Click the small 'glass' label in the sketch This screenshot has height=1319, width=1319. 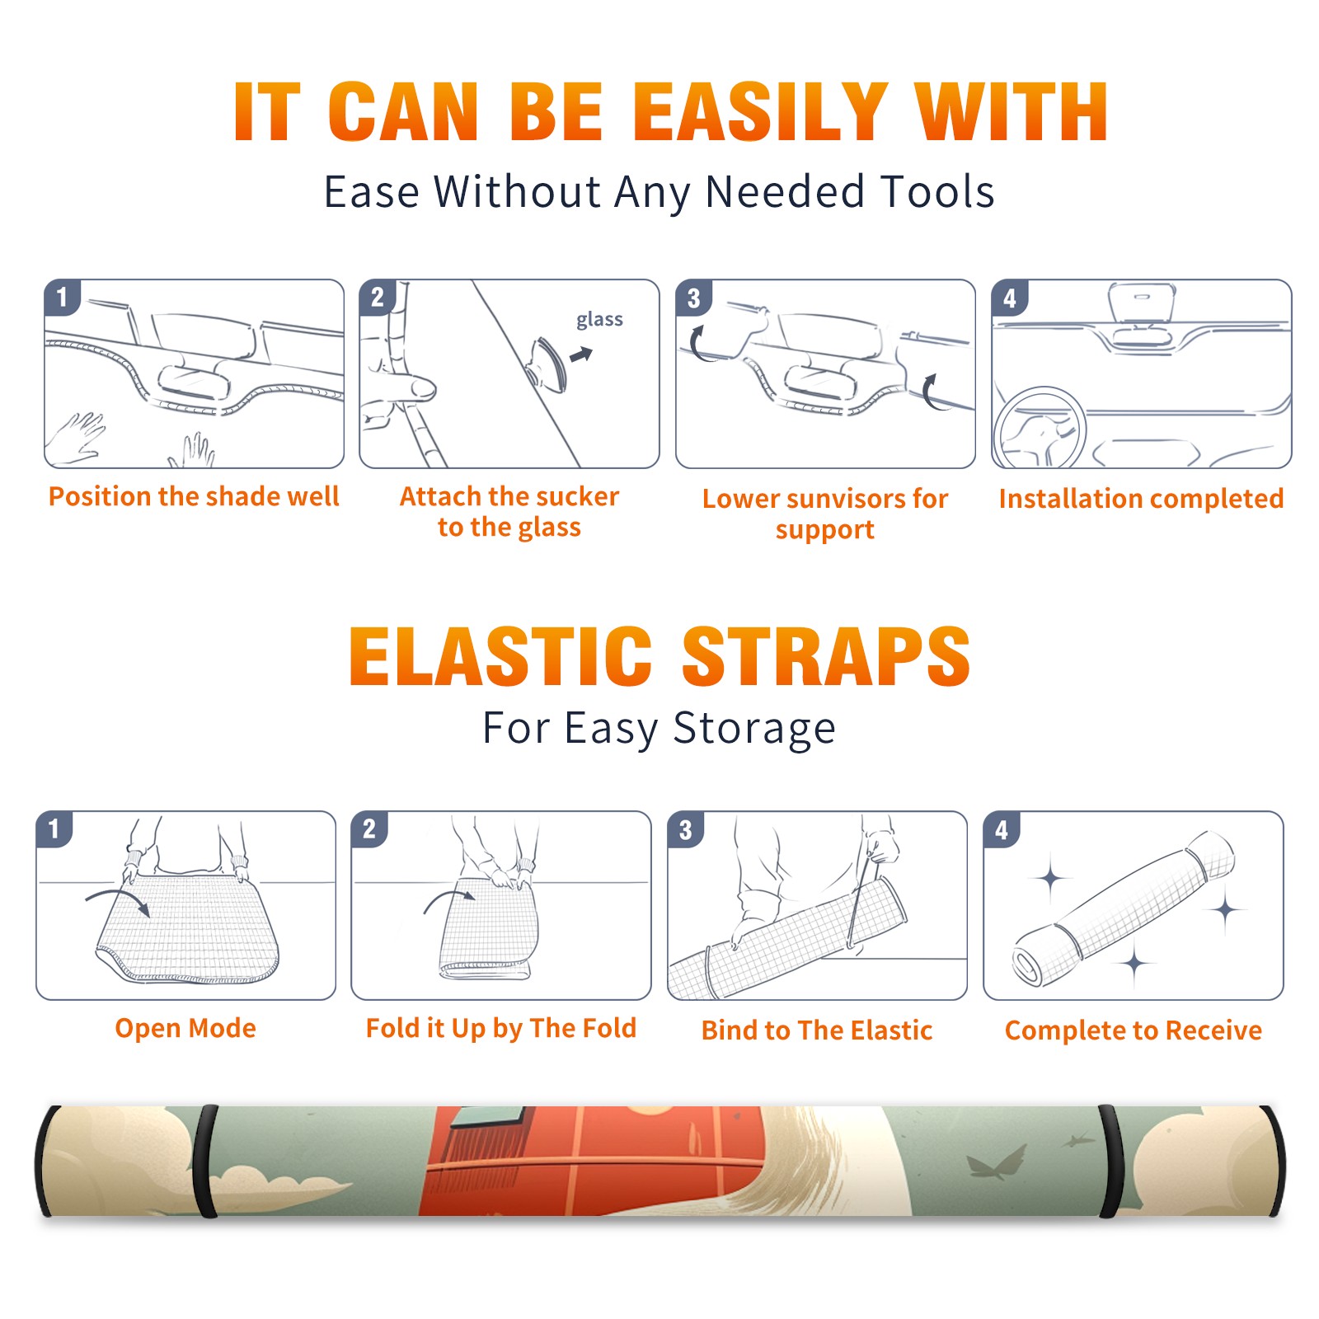tap(599, 320)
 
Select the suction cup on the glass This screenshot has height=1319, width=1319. tap(547, 364)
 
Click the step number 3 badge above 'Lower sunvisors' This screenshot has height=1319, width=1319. tap(693, 298)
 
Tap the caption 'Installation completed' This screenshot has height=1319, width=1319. tap(1141, 499)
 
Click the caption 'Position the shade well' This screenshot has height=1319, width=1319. tap(194, 496)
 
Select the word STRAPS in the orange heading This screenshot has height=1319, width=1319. tap(826, 656)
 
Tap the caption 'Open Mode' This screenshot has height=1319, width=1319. tap(185, 1028)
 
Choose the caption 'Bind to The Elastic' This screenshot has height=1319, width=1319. tap(817, 1030)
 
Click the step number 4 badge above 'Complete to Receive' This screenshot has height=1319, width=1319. tap(1002, 829)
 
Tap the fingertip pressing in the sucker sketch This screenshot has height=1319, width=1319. tap(422, 387)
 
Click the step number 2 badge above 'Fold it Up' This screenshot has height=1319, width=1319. tap(369, 828)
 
